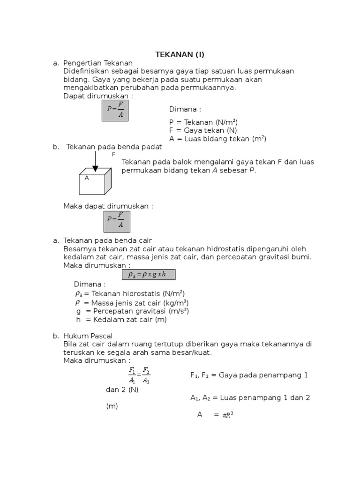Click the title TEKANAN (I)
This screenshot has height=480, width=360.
[x=180, y=54]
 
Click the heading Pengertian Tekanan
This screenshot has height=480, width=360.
[x=98, y=63]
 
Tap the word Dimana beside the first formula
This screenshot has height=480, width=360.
[x=185, y=109]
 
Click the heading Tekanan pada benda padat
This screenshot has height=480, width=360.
[x=114, y=147]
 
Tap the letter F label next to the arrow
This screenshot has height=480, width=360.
[x=113, y=154]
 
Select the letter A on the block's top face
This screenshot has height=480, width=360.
[x=87, y=178]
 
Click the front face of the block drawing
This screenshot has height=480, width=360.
[x=91, y=185]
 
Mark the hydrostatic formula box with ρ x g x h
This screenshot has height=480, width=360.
[x=149, y=275]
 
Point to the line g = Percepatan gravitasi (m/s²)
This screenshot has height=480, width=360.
[x=133, y=311]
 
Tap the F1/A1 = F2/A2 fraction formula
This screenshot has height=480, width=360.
[x=139, y=375]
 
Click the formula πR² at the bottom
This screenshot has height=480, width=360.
[x=227, y=415]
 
